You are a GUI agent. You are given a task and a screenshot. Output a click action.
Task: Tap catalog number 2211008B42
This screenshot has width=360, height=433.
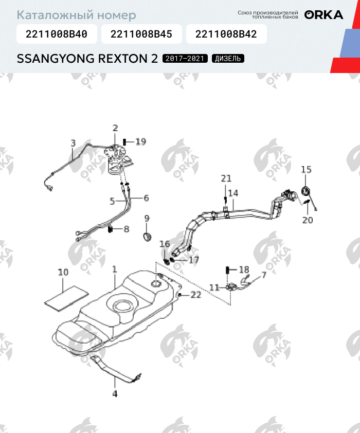coord(226,35)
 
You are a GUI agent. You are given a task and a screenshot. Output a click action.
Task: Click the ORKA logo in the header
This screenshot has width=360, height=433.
coord(323,14)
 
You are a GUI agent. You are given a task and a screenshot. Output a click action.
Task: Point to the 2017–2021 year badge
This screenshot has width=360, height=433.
coord(185,58)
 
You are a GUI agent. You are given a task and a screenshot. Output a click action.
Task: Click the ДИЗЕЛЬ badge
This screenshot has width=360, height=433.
coord(228,58)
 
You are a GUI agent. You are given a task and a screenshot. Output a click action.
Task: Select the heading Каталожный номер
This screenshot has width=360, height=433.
coord(77,15)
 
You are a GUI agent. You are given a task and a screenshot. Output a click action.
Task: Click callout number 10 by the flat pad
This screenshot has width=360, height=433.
coord(63,273)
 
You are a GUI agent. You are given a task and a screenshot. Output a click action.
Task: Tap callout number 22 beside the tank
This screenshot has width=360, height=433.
coord(196,295)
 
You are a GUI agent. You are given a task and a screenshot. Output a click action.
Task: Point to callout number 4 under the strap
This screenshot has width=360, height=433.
coord(115,394)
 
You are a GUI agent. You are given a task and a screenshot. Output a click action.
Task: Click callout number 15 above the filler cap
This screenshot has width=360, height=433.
coord(306,169)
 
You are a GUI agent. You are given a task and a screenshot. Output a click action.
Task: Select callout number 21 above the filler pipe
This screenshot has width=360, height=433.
coord(226,178)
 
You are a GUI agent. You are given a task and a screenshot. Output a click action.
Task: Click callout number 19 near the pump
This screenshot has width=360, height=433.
coord(140,141)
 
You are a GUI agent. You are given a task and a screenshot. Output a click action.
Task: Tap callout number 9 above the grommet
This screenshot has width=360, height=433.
coord(147,219)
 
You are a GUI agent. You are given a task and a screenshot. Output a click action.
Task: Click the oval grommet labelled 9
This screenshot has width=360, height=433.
coord(147,237)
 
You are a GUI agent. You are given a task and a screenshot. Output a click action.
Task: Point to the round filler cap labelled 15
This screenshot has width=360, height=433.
coord(305,191)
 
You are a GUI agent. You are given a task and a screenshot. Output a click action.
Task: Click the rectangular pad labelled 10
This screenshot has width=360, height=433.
coord(60,298)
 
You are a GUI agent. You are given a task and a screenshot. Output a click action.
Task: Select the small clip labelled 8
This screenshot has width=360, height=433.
coord(111,229)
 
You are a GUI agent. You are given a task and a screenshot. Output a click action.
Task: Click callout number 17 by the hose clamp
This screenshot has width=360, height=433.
coord(193,260)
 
